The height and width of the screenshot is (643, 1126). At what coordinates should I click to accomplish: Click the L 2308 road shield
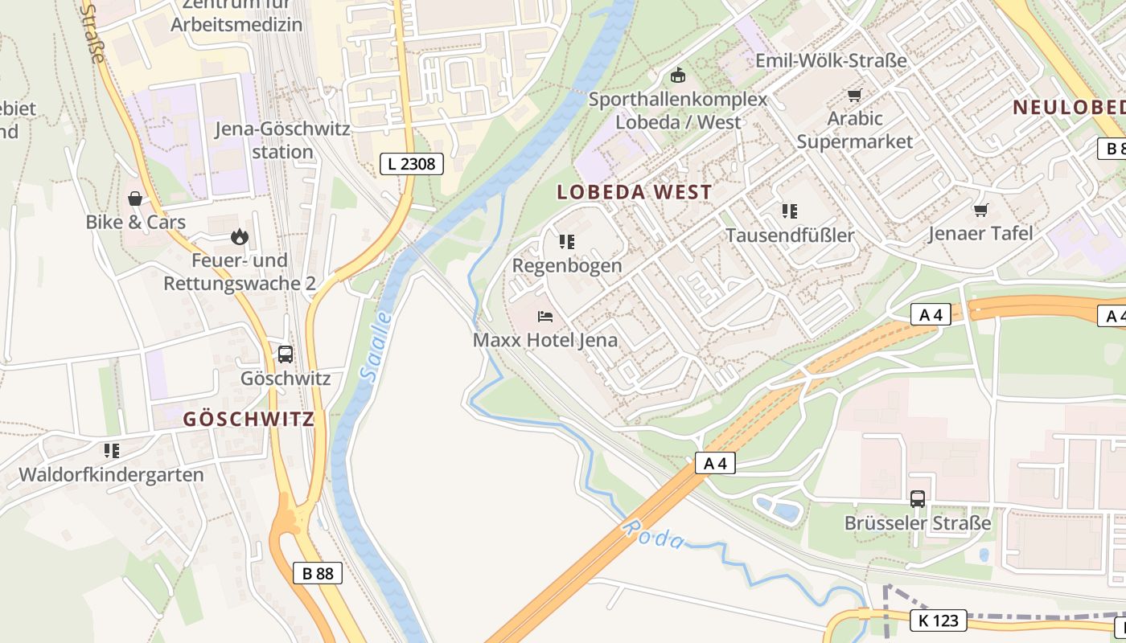pos(411,164)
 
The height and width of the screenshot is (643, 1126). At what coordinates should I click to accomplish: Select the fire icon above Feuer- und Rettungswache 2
pos(239,236)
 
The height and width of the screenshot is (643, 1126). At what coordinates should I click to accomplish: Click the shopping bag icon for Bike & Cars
pos(135,198)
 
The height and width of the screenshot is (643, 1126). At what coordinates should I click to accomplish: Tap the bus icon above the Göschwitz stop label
pos(285,354)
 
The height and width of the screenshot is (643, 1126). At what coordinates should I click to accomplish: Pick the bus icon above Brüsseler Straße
pos(917,498)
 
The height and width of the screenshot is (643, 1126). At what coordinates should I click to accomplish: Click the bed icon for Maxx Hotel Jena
pos(545,316)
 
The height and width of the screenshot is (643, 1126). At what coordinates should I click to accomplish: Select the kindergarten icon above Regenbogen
pos(566,241)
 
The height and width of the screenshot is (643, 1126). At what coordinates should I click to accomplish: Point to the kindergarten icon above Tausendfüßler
pos(789,211)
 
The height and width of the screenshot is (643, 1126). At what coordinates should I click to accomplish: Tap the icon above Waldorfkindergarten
pos(111,450)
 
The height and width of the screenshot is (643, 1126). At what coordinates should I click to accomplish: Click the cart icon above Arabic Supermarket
pos(854,95)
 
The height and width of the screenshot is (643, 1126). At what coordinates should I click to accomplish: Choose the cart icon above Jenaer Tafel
pos(980,210)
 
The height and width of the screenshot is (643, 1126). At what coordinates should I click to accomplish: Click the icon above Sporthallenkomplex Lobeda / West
pos(678,76)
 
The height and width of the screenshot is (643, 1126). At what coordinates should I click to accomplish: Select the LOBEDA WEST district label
pos(635,192)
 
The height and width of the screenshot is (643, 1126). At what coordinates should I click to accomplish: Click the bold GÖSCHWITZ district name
pos(249,419)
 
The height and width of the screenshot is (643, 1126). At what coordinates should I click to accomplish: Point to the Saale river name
pos(376,346)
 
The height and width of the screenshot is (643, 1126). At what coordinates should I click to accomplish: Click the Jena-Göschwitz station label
pos(282,140)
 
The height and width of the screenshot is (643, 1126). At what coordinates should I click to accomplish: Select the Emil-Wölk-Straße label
pos(831,60)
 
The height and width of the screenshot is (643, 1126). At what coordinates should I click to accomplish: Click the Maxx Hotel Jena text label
pos(545,340)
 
